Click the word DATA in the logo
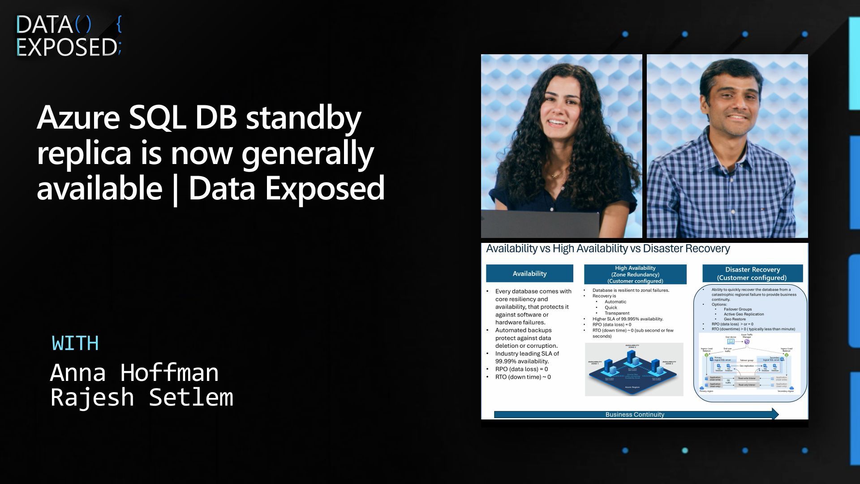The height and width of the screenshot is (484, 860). (44, 25)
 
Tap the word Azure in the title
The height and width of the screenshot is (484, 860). (78, 118)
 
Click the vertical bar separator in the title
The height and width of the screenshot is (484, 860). (175, 189)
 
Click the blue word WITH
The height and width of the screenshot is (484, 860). (75, 344)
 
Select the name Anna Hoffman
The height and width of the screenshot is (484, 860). (134, 372)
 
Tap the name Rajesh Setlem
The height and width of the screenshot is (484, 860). (142, 398)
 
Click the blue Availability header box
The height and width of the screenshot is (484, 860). (529, 273)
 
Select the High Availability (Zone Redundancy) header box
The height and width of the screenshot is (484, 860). (635, 274)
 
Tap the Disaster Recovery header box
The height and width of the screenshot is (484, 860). (752, 273)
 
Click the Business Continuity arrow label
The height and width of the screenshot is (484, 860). (635, 415)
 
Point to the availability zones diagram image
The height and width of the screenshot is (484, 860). (634, 369)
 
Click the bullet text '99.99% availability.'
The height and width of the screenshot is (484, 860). (522, 361)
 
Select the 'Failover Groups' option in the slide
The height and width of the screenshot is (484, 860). (738, 309)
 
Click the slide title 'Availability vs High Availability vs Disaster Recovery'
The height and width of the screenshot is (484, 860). (608, 249)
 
